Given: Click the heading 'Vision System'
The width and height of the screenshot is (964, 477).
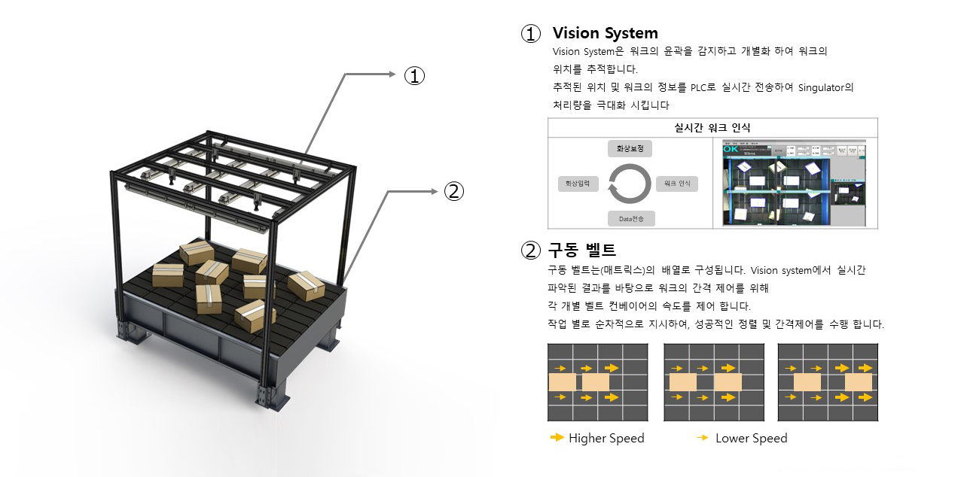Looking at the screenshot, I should click(x=605, y=33).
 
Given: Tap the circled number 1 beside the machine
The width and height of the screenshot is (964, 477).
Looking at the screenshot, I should click(x=415, y=75).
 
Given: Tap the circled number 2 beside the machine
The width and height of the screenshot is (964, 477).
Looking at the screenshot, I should click(x=453, y=191).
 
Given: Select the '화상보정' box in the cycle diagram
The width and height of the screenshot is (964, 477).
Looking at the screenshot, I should click(x=630, y=148).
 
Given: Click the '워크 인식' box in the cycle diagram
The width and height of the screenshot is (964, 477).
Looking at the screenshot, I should click(x=676, y=184).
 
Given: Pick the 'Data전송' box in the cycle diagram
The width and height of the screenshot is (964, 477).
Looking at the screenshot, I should click(x=631, y=219).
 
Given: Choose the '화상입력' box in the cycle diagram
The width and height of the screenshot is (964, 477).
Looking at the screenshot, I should click(x=578, y=184).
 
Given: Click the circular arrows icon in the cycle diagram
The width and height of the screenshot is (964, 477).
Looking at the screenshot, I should click(x=630, y=184).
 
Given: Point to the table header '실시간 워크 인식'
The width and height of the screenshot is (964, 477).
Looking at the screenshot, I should click(x=712, y=128).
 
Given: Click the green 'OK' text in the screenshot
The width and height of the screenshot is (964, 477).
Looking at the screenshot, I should click(x=731, y=149).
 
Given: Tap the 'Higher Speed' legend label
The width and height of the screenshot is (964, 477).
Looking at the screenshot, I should click(x=606, y=438).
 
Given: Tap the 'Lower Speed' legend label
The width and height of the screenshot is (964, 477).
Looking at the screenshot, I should click(x=751, y=438).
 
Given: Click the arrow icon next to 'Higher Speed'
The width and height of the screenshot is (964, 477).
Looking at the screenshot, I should click(x=557, y=437).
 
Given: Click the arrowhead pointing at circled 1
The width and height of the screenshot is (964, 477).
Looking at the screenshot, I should click(x=392, y=74).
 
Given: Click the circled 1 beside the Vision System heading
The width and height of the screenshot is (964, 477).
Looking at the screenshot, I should click(x=531, y=34).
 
